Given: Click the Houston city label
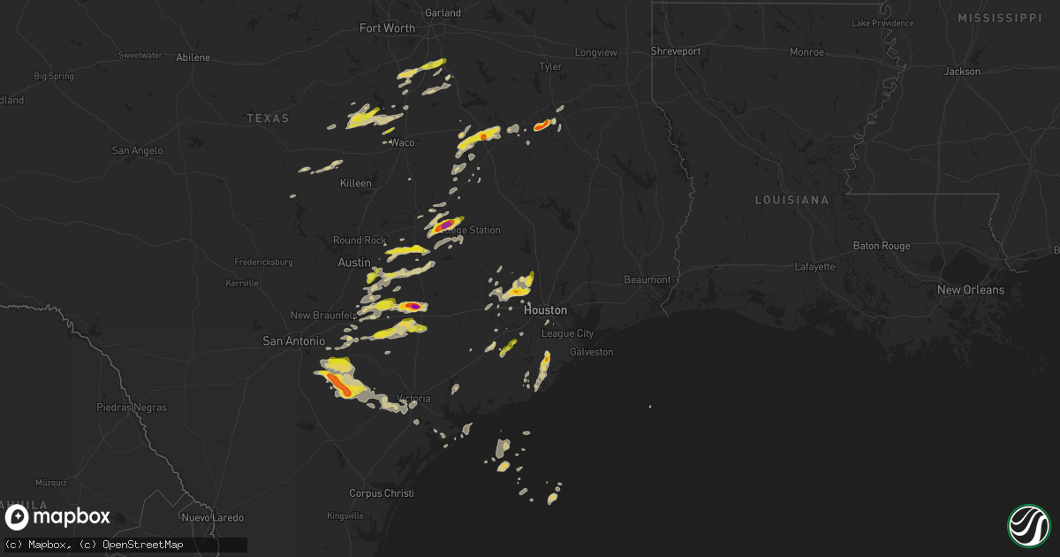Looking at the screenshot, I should [x=545, y=310].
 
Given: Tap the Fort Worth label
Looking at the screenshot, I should [x=387, y=28].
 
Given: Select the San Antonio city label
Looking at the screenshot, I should [x=294, y=340].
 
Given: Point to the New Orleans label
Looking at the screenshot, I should [x=971, y=290].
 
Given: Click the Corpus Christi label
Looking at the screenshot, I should [x=382, y=493].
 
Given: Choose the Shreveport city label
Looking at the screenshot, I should [x=676, y=51].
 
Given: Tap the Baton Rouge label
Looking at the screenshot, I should [x=882, y=246].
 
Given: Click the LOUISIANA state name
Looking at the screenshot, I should [x=791, y=201].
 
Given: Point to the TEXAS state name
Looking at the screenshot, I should [x=268, y=118].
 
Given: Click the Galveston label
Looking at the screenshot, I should [x=591, y=352].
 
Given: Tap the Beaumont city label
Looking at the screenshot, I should [x=647, y=279].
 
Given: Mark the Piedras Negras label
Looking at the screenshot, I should [x=131, y=408].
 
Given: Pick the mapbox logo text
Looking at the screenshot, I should [x=71, y=517].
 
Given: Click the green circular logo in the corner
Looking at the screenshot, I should [x=1028, y=525].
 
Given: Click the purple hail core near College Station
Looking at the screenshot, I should [x=447, y=225].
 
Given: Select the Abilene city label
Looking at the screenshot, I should [x=193, y=57].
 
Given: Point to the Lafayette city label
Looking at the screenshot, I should [x=814, y=266].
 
